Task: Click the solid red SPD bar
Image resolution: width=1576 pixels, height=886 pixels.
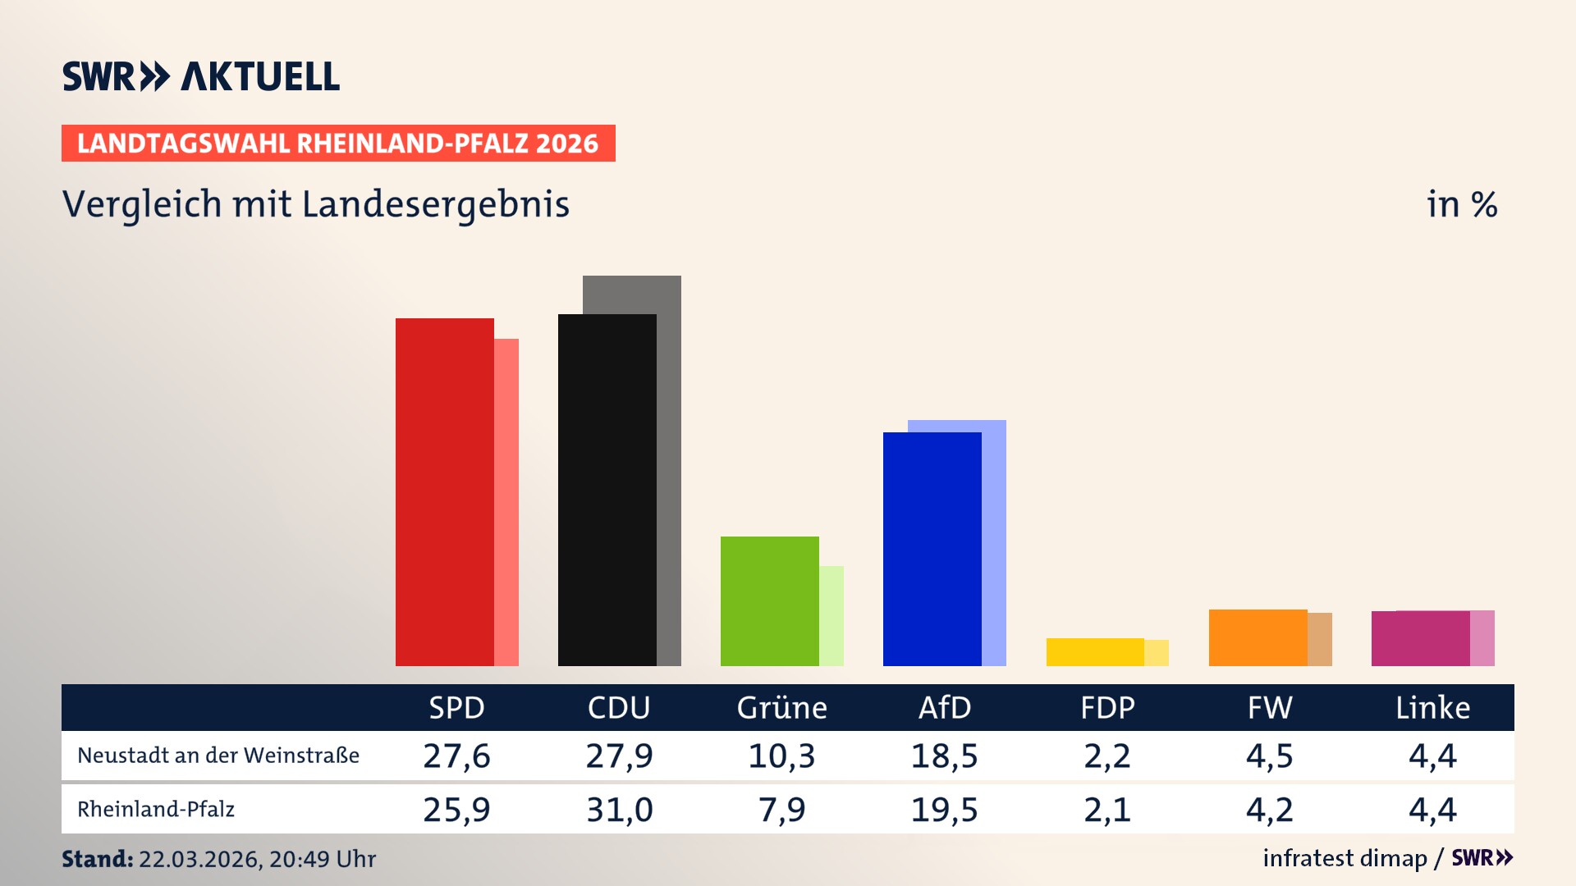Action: (444, 492)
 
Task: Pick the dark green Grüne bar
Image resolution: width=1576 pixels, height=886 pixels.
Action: (769, 601)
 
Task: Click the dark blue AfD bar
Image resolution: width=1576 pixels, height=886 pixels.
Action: (932, 549)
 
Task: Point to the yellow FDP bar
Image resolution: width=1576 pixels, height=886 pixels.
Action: (1095, 652)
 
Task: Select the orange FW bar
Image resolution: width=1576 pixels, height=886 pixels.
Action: (1258, 637)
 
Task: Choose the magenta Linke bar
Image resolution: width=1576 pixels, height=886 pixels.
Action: (1420, 638)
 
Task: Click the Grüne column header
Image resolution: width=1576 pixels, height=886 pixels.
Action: (781, 708)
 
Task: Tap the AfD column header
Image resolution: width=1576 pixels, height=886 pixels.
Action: (944, 708)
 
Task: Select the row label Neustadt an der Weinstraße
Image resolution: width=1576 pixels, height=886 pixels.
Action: (218, 756)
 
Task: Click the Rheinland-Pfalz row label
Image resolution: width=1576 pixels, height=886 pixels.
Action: (156, 810)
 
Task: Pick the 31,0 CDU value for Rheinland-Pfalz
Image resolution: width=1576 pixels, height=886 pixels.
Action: (619, 810)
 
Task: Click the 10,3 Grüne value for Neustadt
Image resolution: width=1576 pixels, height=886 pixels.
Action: (781, 756)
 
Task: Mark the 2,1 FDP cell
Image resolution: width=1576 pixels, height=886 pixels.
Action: (1106, 810)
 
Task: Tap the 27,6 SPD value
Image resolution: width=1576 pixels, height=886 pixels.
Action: (456, 756)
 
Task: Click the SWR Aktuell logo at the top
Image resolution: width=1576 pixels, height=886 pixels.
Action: (201, 76)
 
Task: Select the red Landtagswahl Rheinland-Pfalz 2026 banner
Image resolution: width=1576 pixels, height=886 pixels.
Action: (338, 144)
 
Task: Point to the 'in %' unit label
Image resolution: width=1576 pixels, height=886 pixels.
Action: (1461, 204)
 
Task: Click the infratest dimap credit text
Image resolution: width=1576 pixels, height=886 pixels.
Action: (1345, 858)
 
